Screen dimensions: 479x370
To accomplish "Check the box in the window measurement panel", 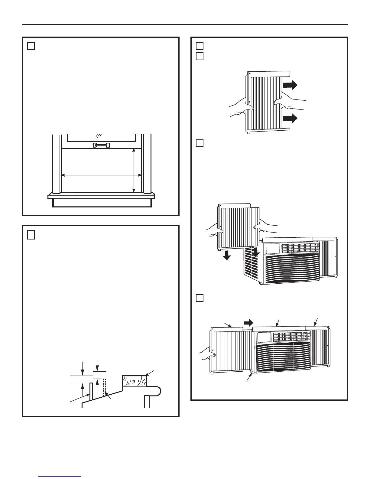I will click(31, 46).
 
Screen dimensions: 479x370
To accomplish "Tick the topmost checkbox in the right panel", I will click(199, 46).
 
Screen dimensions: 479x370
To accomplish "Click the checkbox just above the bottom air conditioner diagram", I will click(199, 298).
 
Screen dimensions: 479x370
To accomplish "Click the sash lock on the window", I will click(101, 145).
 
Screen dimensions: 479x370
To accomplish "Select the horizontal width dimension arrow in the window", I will click(101, 175).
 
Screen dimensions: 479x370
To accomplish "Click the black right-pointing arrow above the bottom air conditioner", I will click(248, 323).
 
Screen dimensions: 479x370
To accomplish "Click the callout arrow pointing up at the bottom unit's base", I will click(250, 376).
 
